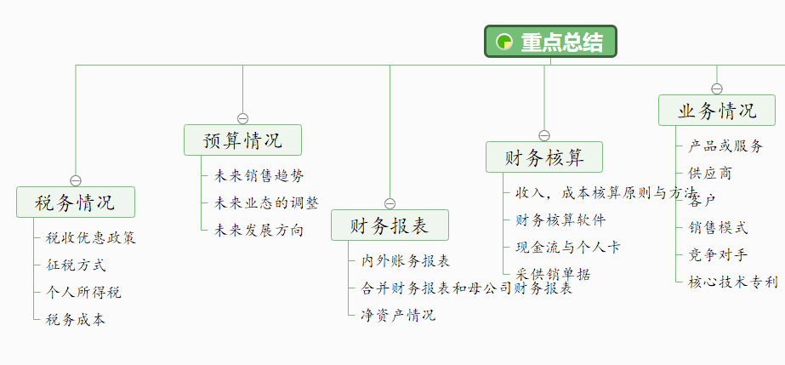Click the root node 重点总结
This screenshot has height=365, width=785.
coord(550,42)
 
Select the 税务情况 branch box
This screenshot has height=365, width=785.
coord(76,202)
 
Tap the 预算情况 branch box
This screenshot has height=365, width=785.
coord(242,140)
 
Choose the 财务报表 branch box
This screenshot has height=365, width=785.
coord(390,225)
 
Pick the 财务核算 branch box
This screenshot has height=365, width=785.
coord(544,157)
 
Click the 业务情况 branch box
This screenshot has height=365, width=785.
coord(716,111)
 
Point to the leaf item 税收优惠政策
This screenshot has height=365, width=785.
coord(90,237)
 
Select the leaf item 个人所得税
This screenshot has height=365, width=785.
coord(83,293)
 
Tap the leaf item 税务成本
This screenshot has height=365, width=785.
coord(76,320)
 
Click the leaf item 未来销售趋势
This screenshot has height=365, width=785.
coord(259,175)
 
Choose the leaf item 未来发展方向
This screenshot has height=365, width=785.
coord(259,230)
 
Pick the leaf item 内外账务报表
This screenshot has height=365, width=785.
coord(406,260)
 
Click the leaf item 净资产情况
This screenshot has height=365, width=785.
coord(398,315)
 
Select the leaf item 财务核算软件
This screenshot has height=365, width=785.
coord(560,220)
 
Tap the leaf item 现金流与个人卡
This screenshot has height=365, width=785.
coord(567,247)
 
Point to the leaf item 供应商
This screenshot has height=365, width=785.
coord(709,174)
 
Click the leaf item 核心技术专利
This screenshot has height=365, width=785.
coord(732,282)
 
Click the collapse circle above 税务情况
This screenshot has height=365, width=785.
coord(76,180)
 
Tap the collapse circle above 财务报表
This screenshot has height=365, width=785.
coord(390,203)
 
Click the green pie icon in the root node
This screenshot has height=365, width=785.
coord(503,42)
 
